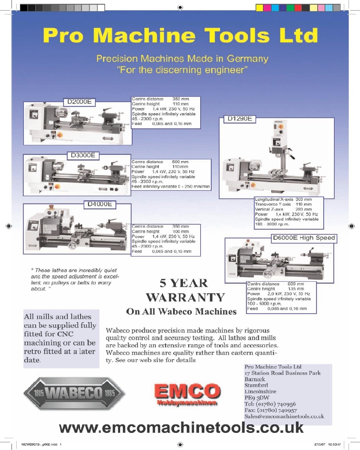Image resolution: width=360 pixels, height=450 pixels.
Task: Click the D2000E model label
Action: [x=79, y=102]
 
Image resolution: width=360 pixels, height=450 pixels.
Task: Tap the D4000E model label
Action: [x=99, y=204]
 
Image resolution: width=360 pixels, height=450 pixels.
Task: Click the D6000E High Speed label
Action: [x=304, y=238]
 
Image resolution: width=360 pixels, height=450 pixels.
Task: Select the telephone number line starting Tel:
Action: [x=270, y=404]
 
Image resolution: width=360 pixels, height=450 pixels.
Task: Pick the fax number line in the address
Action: [x=270, y=410]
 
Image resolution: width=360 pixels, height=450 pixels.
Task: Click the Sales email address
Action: [x=284, y=417]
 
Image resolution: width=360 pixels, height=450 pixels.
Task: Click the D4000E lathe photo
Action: [x=76, y=229]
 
